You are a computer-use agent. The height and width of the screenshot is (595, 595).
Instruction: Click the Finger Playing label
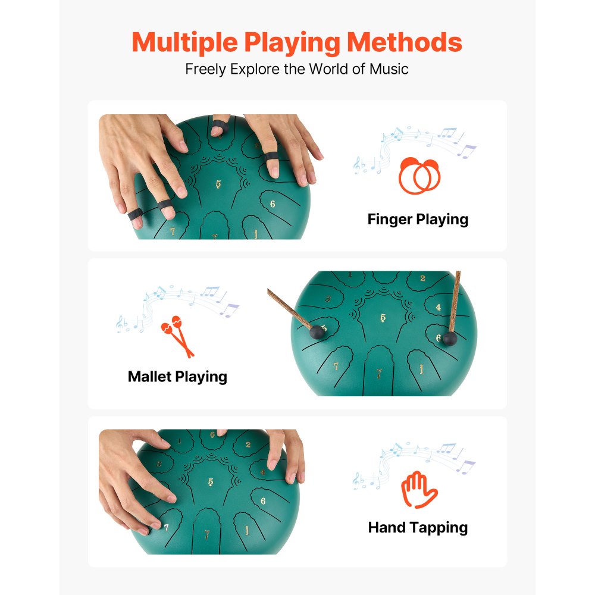(x=418, y=219)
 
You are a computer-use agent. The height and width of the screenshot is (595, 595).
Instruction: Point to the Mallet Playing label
(x=177, y=376)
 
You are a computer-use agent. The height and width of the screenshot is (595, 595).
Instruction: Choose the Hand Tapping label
(x=418, y=527)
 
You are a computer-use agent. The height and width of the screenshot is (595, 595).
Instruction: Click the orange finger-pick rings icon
(x=419, y=176)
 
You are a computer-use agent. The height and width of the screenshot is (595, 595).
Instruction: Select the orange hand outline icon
(x=419, y=490)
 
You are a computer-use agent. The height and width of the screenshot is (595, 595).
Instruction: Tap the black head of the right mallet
(x=450, y=340)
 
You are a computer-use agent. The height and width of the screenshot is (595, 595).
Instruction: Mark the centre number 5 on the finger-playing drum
(x=218, y=184)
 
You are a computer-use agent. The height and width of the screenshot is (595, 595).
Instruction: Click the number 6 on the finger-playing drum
(x=273, y=203)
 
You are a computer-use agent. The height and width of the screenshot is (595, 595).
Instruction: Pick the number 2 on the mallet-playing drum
(x=422, y=278)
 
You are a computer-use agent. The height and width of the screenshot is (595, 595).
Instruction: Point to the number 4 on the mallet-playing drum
(x=438, y=307)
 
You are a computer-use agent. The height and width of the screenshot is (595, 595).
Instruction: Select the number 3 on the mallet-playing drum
(x=328, y=300)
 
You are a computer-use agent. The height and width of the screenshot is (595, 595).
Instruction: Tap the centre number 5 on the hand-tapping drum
(x=211, y=482)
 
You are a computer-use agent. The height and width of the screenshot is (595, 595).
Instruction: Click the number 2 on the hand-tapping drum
(x=248, y=443)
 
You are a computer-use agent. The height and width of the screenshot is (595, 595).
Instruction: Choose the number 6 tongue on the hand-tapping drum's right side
(x=262, y=500)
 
